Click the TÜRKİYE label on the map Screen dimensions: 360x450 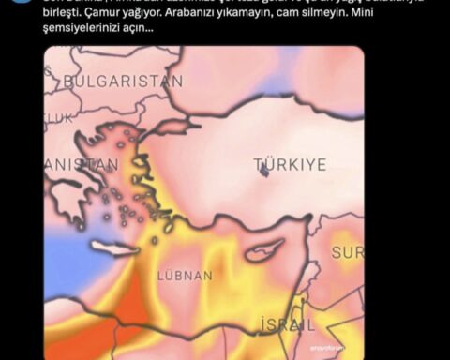tap(291, 164)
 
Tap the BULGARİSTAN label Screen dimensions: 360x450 tap(122, 82)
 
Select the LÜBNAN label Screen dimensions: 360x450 tap(185, 276)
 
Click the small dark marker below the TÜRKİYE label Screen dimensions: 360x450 tap(263, 174)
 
